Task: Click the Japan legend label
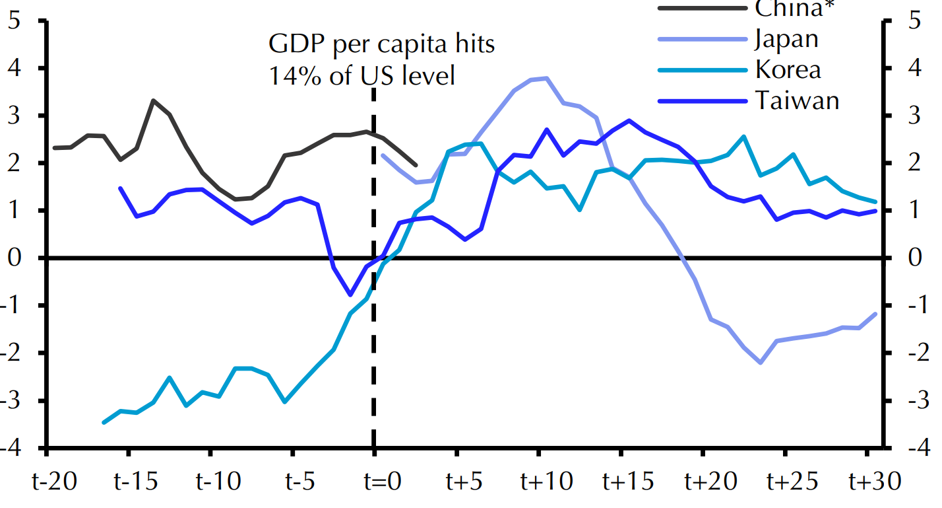[786, 39]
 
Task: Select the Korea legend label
[788, 69]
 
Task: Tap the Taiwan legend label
[797, 100]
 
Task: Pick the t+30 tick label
[874, 482]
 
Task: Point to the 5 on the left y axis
[15, 21]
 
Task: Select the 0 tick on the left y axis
[15, 258]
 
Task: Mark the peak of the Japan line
[547, 78]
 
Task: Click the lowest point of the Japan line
[761, 363]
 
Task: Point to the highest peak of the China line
[153, 100]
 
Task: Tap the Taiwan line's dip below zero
[350, 295]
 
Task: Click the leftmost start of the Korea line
[104, 422]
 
